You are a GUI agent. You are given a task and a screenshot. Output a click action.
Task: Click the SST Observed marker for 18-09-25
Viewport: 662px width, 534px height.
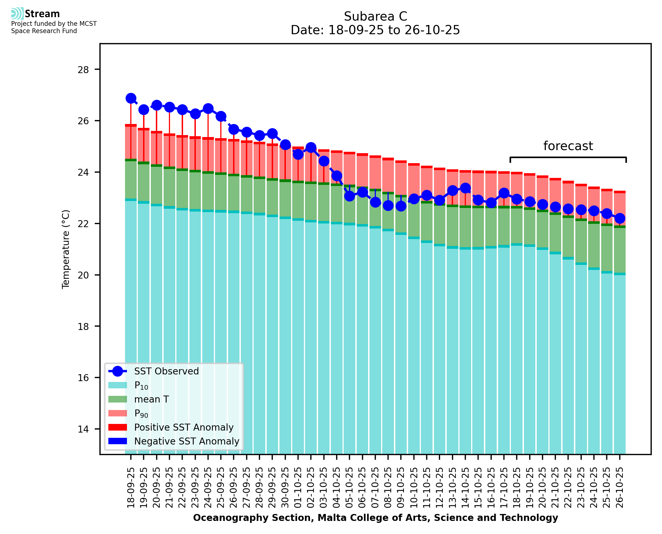coord(131,98)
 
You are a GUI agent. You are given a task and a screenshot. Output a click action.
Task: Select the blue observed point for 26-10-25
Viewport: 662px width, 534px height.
coord(619,218)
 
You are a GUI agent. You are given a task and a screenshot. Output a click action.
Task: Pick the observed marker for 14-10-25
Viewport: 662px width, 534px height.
coord(465,188)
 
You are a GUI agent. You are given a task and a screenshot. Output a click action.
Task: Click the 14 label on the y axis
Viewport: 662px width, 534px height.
coord(83,429)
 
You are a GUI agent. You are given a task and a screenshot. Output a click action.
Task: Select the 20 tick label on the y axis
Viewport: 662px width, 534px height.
coord(83,275)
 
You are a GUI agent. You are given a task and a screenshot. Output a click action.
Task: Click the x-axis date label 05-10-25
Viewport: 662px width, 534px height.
coord(349,488)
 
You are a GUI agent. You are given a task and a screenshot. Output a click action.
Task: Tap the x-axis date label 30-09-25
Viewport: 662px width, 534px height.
coord(285,488)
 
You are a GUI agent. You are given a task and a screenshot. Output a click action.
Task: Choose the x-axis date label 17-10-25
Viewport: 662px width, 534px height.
coord(504,488)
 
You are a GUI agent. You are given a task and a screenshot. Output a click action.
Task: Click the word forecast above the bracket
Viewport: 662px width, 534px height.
coord(568,146)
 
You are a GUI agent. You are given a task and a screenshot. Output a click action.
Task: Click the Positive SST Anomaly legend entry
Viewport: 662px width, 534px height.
coord(184,427)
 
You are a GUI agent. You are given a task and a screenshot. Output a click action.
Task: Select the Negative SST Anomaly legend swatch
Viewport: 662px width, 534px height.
coord(118,441)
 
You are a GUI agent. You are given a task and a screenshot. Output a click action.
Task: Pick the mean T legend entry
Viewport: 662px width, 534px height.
coord(151,399)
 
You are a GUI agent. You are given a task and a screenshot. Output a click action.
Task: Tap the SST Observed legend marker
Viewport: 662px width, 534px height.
coord(118,371)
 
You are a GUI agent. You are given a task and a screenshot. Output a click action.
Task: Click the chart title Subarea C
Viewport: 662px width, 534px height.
coord(375,16)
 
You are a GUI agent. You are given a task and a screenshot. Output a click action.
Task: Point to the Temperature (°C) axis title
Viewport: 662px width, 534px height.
coord(66,249)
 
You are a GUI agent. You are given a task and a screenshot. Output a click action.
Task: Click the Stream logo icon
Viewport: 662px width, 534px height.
coord(17,14)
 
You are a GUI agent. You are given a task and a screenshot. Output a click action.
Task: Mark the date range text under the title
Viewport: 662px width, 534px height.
coord(375,30)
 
